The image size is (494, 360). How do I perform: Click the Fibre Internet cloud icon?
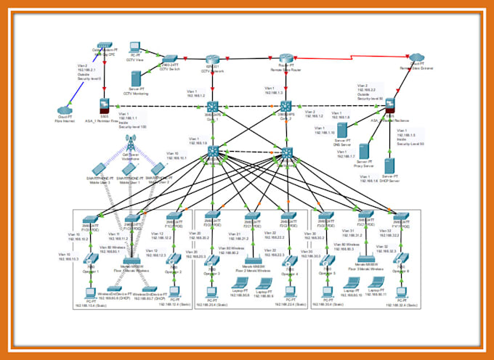pos(68,111)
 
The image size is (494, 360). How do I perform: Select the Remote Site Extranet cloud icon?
pos(416,57)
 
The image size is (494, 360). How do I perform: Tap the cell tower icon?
pos(131,141)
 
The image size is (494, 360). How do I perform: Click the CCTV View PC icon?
pos(135,47)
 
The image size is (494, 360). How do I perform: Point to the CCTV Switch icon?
pos(170,59)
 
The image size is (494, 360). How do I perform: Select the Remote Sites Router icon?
pos(286,59)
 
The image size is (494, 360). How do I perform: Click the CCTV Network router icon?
pos(212,59)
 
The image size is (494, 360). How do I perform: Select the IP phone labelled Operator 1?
pos(90,259)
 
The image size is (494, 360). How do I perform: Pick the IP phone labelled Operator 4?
pos(291,261)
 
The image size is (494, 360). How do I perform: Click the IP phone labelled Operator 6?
pos(401,260)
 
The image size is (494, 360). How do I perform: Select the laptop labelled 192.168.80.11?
pos(376,282)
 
